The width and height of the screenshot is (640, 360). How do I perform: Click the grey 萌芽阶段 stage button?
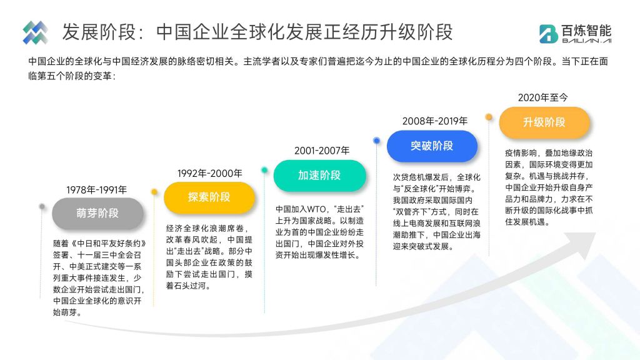(97, 213)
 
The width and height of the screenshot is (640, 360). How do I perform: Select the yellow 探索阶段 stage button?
(209, 197)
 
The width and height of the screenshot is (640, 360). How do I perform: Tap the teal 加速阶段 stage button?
(319, 176)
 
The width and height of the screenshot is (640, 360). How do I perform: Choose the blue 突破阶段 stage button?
(432, 146)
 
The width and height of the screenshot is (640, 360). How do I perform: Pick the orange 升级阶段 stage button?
(544, 122)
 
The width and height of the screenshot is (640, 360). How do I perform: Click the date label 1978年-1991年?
(97, 190)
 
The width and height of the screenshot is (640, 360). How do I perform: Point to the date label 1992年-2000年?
(210, 174)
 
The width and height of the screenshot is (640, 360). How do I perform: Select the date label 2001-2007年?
(322, 151)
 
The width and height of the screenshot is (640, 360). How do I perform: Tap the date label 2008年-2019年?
(435, 121)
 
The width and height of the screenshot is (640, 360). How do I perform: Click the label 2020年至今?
(543, 97)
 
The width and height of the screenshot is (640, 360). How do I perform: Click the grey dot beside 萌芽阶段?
(42, 206)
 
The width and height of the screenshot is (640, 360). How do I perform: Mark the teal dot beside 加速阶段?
(264, 170)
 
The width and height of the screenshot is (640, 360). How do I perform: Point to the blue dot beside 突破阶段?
(376, 141)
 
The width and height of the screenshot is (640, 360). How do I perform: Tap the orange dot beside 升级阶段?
(489, 117)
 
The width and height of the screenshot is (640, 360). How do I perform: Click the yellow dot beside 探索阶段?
(154, 192)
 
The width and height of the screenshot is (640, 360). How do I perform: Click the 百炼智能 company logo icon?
(548, 34)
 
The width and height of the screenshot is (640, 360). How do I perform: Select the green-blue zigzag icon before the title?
(35, 32)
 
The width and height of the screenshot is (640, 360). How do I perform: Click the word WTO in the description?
(317, 209)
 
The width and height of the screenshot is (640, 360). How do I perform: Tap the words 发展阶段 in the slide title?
(99, 32)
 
